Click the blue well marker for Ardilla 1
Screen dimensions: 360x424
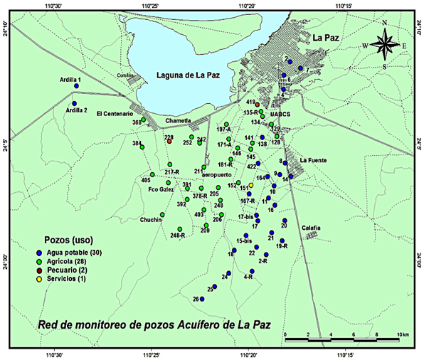click(x=76, y=86)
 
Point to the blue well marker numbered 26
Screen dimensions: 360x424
click(x=202, y=299)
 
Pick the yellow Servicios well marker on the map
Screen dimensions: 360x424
click(x=250, y=186)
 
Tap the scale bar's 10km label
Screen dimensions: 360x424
click(x=403, y=334)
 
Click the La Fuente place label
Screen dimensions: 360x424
click(x=313, y=160)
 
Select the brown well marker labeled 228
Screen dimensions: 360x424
click(x=169, y=141)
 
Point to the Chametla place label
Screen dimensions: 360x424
click(x=178, y=121)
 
